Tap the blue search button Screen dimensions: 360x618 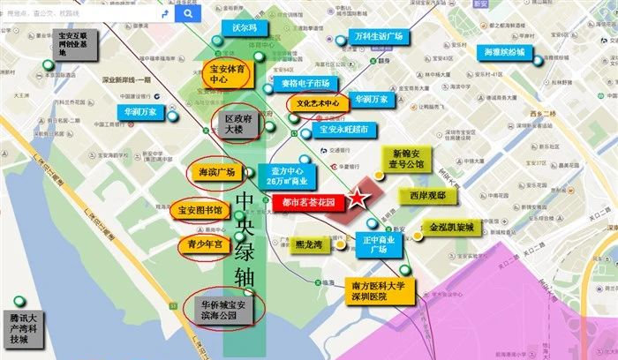[187, 14]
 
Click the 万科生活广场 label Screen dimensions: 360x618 [378, 38]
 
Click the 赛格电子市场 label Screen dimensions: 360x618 [305, 84]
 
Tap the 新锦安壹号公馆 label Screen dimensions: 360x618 [408, 158]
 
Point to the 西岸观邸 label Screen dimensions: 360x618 [427, 194]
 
